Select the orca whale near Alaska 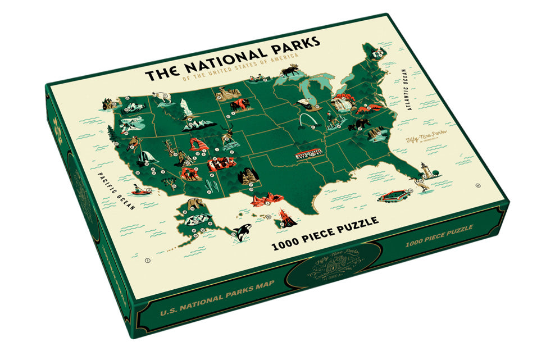tap(243, 231)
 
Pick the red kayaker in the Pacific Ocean tap(140, 189)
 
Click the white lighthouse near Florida tap(424, 170)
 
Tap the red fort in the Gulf tap(394, 196)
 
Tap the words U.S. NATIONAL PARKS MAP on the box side tap(213, 291)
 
